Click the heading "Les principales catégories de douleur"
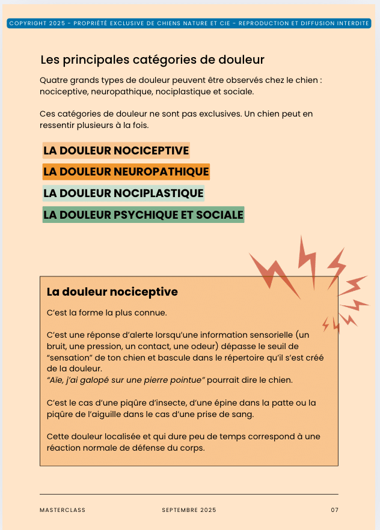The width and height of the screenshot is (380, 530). (x=152, y=60)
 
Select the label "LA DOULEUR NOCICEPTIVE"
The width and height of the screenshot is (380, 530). (x=116, y=150)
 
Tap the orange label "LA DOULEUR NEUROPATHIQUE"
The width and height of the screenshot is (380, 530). (x=126, y=172)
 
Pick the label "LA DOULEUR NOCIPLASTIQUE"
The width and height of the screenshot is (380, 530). (x=123, y=193)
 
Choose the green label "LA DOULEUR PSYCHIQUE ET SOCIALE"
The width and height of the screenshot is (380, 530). (x=143, y=215)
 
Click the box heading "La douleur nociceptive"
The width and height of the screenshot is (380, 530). (x=112, y=292)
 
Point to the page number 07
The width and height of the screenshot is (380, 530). (x=334, y=510)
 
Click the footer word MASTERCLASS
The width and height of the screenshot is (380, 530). (x=63, y=510)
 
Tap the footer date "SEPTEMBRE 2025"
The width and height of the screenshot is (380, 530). (x=189, y=510)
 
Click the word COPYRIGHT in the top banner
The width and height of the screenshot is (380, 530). (x=29, y=23)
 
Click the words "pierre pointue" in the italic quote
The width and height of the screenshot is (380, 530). (x=177, y=379)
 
